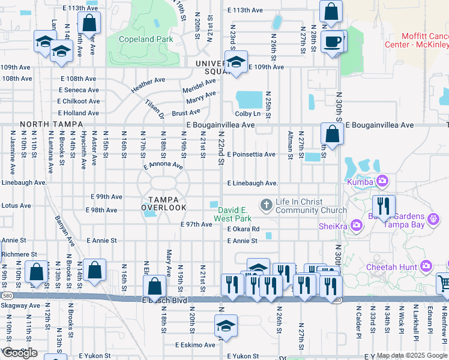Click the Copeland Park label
coord(146,39)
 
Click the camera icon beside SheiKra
coord(357,225)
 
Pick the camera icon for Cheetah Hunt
coord(427,265)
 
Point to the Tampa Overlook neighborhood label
coord(164,203)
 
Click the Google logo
coord(20,352)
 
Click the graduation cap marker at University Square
coord(236,62)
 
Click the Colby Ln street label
coord(248,113)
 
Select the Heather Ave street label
coord(148,85)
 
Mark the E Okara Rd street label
coord(243,229)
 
